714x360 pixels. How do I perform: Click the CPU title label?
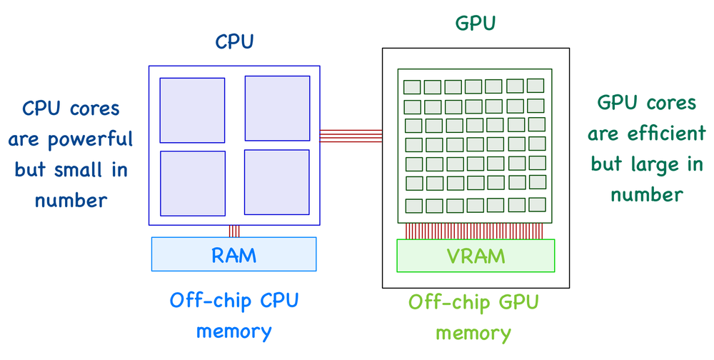[234, 42]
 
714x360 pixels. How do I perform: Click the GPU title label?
[475, 24]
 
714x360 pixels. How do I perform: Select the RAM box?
[234, 254]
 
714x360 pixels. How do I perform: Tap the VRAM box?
[476, 256]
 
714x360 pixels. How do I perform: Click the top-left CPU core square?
[192, 110]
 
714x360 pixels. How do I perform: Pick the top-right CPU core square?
[277, 109]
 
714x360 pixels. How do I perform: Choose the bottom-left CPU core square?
[192, 184]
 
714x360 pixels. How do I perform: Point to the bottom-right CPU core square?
[277, 181]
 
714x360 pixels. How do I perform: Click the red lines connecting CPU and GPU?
[351, 136]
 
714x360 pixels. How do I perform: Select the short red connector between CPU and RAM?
[234, 231]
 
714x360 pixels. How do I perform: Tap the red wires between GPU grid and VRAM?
[475, 231]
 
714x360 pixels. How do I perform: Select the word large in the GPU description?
[652, 164]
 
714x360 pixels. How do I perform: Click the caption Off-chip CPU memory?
[234, 315]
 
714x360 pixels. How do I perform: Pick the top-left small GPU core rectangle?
[413, 87]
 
